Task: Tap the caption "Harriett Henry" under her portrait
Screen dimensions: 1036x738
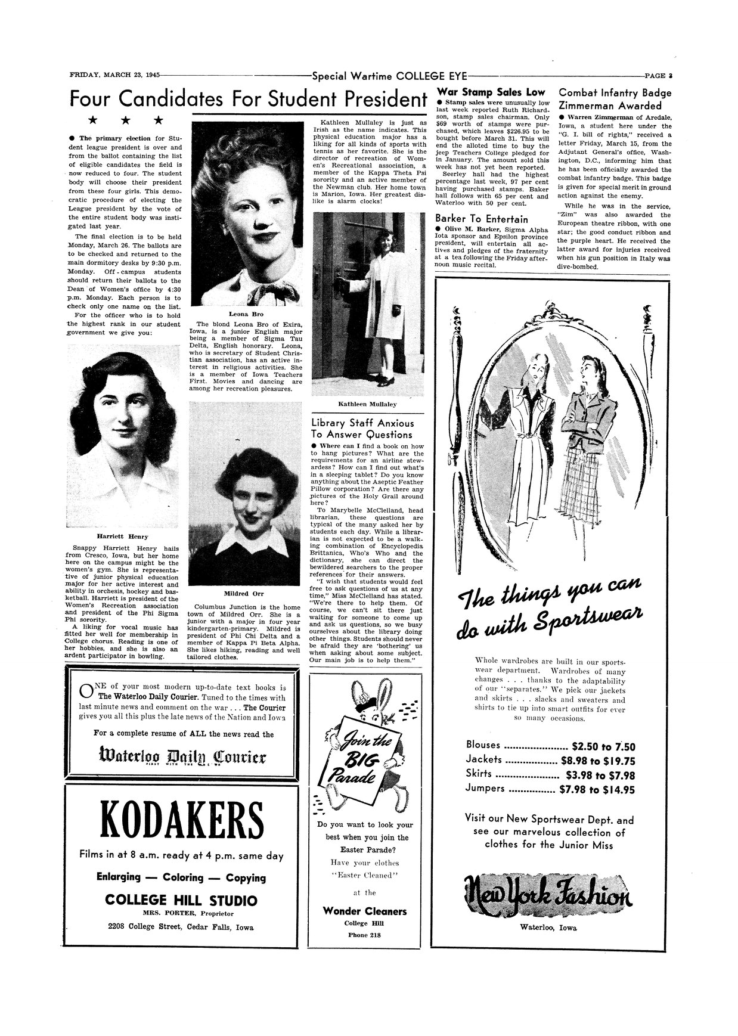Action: (123, 536)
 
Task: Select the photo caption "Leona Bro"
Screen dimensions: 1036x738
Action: (246, 314)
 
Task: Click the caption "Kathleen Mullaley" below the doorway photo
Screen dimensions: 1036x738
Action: (367, 404)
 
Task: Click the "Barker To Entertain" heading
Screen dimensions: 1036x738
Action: (482, 218)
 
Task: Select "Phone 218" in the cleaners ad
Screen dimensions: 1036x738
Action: (365, 935)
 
